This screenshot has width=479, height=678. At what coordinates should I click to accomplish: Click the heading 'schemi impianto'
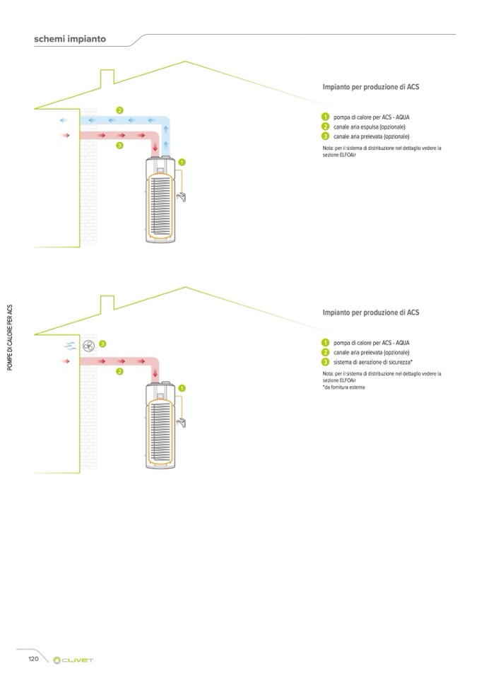(70, 39)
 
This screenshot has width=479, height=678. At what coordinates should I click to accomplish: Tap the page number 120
(33, 659)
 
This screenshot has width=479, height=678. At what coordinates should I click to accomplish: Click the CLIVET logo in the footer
(74, 660)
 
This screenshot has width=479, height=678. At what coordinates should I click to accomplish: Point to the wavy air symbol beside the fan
(70, 346)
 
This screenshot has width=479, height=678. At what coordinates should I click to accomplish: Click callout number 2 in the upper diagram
(120, 110)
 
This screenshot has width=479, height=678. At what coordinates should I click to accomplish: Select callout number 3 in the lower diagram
(102, 344)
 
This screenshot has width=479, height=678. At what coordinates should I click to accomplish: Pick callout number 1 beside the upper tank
(182, 163)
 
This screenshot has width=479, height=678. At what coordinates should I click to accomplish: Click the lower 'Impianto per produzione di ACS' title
(371, 312)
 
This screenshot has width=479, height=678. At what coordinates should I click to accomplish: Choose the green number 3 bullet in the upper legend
(325, 136)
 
